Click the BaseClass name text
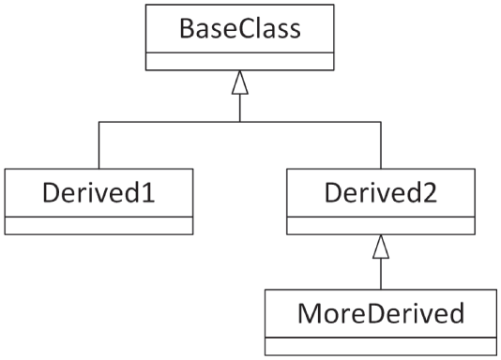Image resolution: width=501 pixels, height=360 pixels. coord(239,29)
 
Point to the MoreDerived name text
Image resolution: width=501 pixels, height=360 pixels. coord(380,313)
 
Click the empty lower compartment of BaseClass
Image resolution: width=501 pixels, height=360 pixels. coord(239,61)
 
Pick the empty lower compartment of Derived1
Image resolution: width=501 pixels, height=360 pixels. coord(99,225)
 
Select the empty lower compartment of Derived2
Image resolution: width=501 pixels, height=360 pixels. coord(380,225)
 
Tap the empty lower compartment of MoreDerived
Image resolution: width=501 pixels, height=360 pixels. coord(380,345)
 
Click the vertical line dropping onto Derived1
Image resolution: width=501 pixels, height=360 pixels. coord(99,145)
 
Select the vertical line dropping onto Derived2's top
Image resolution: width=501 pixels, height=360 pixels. coord(380,145)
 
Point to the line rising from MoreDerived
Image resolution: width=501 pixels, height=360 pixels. coord(380,274)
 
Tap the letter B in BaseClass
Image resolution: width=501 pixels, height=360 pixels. coord(187,29)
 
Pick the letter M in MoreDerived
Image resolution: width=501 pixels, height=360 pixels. coord(308,313)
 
